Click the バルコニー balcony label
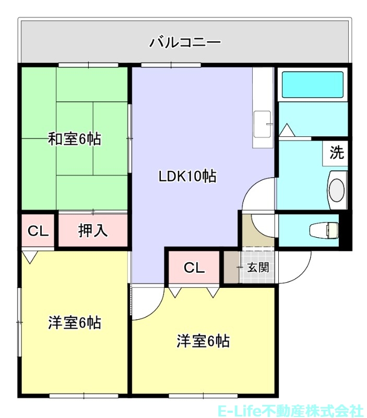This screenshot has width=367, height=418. (x=185, y=42)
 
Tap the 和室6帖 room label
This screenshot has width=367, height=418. (x=75, y=140)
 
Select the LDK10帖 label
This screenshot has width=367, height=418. (x=188, y=176)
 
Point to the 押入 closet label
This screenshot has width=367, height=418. (x=93, y=230)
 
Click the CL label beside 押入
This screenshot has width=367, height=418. (x=38, y=230)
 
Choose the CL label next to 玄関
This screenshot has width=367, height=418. (x=194, y=268)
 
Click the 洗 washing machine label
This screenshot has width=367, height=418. (x=337, y=153)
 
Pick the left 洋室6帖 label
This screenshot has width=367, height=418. (x=75, y=322)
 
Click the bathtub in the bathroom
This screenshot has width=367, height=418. (x=312, y=85)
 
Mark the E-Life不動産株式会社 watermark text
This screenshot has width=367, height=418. (x=290, y=411)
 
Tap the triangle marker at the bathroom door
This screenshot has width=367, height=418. (x=287, y=130)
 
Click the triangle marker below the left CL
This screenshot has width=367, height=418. (x=30, y=257)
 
